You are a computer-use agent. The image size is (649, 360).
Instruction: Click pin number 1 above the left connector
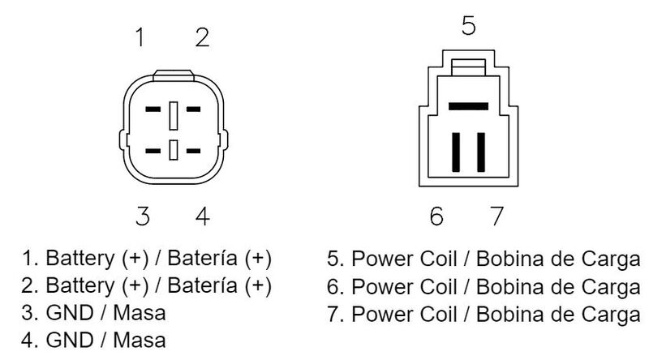point(141,38)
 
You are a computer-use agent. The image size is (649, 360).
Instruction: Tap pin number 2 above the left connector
point(202,38)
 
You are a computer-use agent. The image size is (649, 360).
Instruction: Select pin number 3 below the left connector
point(143,216)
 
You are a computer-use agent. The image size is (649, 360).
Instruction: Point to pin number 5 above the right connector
point(468,27)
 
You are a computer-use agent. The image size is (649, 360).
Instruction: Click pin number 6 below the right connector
point(436,216)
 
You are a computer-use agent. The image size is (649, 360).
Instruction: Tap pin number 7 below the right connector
point(496,216)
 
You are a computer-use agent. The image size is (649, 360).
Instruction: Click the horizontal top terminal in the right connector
point(468,105)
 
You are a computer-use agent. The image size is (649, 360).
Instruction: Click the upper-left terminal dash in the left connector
point(153,109)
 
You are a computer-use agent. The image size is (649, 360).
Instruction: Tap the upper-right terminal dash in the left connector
point(193,109)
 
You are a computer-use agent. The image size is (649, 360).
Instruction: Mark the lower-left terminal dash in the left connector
point(153,151)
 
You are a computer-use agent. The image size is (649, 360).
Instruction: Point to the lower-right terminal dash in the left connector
point(193,151)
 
